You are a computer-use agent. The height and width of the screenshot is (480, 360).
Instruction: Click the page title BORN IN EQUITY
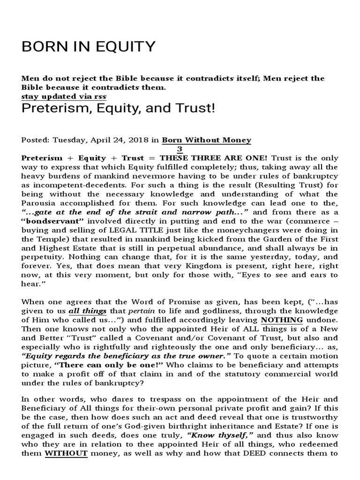point(88,46)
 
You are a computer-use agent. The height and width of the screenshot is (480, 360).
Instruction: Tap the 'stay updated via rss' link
point(64,96)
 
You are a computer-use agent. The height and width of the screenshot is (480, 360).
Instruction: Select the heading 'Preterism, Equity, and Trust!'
point(118,109)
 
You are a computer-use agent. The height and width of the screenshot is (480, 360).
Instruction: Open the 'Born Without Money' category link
point(206,140)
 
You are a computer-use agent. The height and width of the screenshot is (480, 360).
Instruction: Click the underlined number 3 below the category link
point(179,149)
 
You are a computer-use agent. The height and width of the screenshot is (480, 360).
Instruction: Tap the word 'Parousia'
point(39,203)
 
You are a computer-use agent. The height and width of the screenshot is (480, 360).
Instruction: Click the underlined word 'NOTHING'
point(281,320)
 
